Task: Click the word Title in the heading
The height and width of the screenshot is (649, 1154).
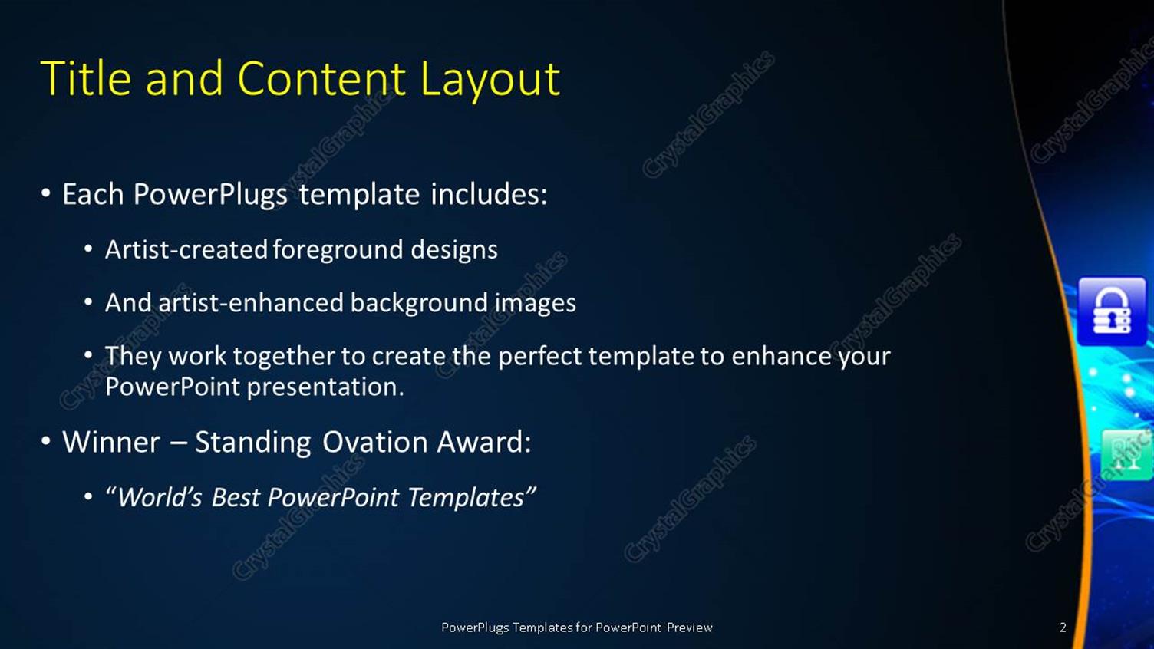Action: tap(85, 78)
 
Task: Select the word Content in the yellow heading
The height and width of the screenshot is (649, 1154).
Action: tap(321, 78)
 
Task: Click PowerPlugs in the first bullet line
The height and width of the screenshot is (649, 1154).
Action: tap(209, 195)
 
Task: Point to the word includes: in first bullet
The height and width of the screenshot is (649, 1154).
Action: tap(489, 194)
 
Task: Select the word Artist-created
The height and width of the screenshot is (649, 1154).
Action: tap(186, 249)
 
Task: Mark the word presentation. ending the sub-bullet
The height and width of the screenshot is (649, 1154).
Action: tap(325, 387)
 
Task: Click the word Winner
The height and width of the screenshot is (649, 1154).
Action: tap(111, 443)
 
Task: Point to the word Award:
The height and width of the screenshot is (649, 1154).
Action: tap(483, 443)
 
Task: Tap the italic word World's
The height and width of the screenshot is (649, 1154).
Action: tap(160, 498)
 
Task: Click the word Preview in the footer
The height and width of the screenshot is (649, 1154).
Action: tap(689, 628)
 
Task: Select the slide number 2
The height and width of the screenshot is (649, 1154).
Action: tap(1063, 628)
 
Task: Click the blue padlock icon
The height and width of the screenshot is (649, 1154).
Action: tap(1111, 311)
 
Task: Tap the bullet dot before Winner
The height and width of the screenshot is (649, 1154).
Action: tap(46, 442)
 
